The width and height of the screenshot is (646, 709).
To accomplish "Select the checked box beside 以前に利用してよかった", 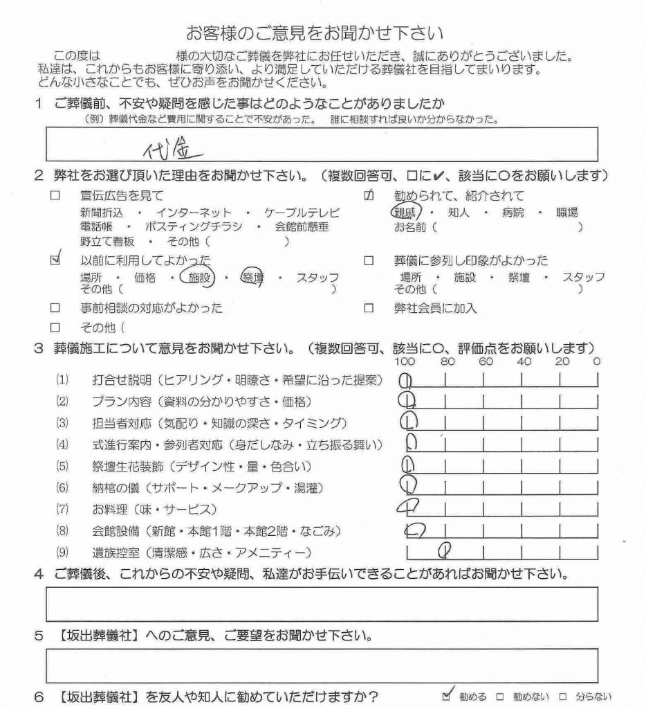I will click(x=56, y=260).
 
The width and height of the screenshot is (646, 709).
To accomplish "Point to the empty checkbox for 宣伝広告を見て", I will click(x=55, y=196).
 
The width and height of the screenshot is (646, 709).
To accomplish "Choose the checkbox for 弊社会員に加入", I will click(x=369, y=308).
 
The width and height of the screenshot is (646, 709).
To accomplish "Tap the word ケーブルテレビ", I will click(x=302, y=213).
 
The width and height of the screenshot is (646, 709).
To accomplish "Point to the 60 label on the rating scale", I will click(x=486, y=361).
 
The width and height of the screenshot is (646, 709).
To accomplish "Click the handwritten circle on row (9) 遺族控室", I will click(x=447, y=551).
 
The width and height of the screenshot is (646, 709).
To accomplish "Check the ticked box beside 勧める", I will click(x=447, y=696).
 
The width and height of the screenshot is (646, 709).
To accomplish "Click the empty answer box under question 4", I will click(x=322, y=604).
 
